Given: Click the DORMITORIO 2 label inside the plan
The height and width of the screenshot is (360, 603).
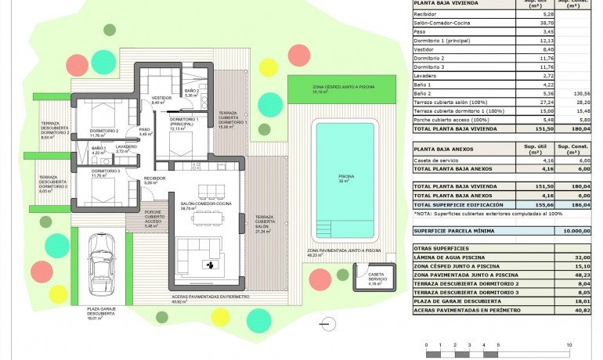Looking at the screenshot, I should (104, 131).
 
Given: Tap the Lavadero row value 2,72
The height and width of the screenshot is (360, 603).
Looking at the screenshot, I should (548, 75).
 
